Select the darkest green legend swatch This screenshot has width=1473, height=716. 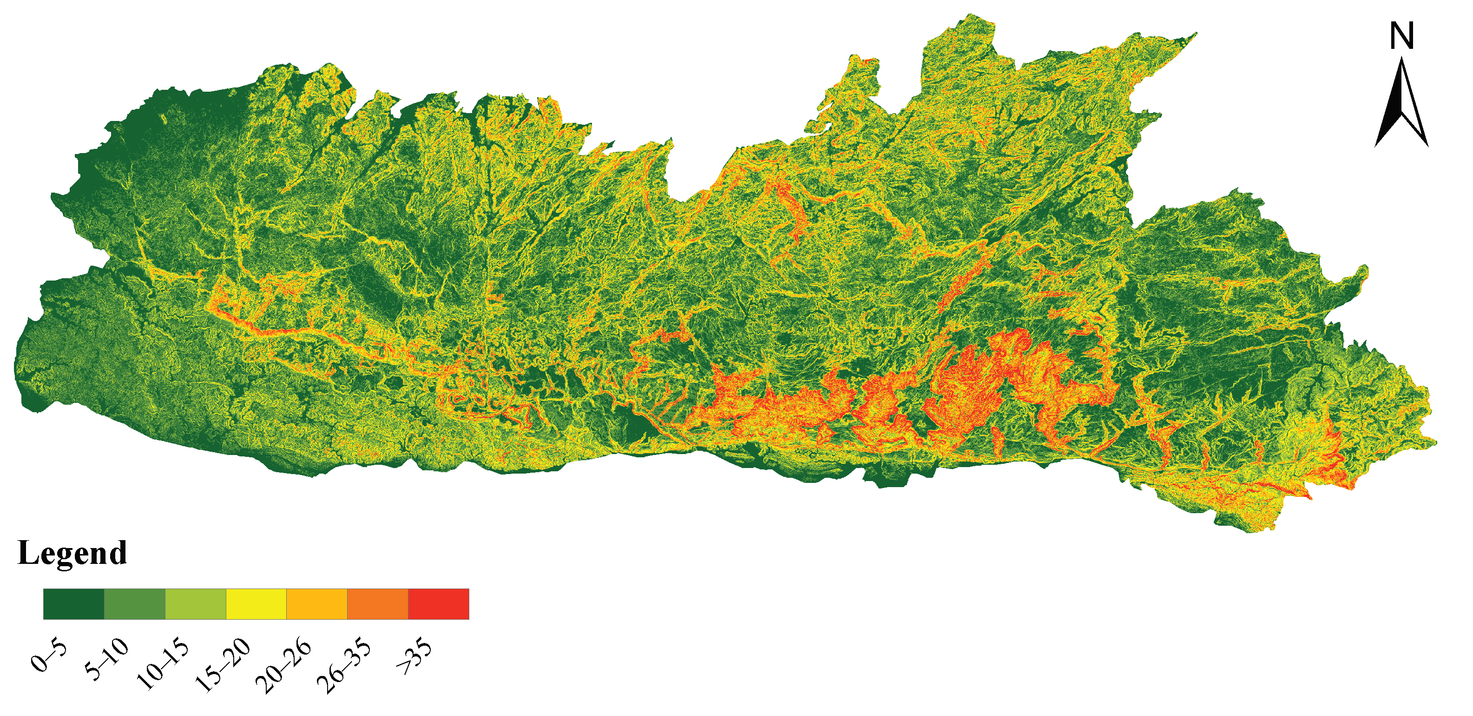click(x=74, y=604)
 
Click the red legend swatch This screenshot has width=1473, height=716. click(x=439, y=604)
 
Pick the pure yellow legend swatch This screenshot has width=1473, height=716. click(x=256, y=604)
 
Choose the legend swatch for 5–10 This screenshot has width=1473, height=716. click(x=134, y=604)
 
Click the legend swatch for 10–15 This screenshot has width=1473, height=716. click(x=196, y=604)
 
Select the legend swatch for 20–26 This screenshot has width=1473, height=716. click(x=317, y=604)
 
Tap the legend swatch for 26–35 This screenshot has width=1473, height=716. click(x=377, y=604)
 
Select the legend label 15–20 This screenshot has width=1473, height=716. click(x=224, y=665)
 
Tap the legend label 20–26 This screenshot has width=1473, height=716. click(x=284, y=665)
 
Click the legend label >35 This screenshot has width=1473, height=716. click(x=414, y=656)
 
